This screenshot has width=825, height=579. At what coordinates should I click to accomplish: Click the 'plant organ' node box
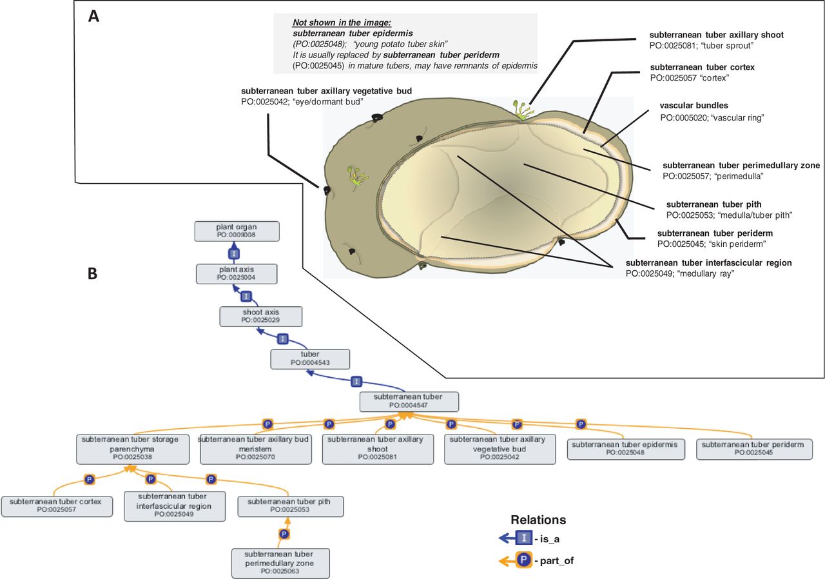[x=237, y=231]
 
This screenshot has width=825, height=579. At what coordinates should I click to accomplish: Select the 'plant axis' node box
[x=237, y=273]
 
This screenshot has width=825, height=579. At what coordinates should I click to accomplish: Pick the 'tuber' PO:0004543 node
[x=310, y=358]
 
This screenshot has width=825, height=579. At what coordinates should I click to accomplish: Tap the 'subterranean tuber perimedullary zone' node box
[x=280, y=563]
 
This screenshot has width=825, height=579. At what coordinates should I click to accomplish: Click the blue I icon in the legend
[x=523, y=536]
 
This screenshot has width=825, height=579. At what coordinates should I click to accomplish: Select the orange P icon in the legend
[x=523, y=561]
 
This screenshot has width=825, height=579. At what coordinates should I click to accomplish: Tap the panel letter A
[x=93, y=17]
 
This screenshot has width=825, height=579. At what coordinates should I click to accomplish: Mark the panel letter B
[x=93, y=273]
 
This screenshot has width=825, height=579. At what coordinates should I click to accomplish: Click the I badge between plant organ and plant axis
[x=235, y=253]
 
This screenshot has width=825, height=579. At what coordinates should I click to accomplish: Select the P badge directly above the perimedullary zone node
[x=284, y=534]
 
